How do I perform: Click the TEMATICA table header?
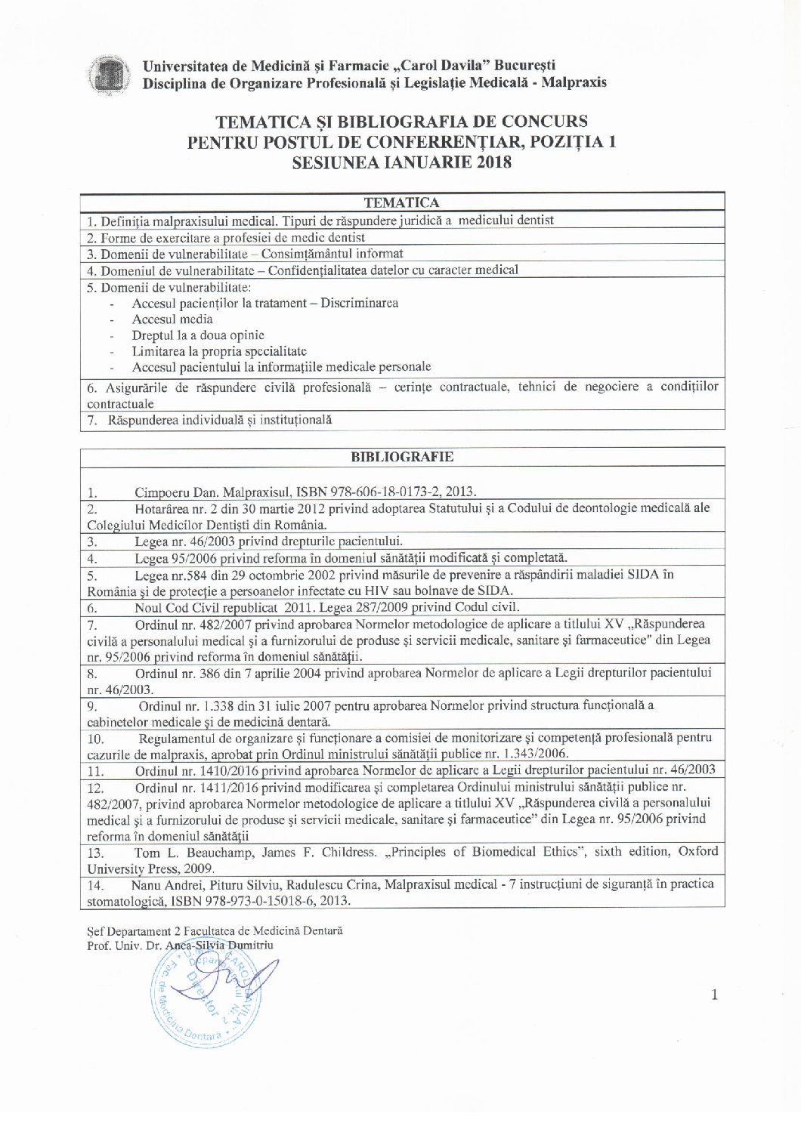[x=401, y=202]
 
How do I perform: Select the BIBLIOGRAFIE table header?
[x=402, y=457]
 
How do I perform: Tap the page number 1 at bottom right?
[x=714, y=995]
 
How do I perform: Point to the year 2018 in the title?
[x=493, y=162]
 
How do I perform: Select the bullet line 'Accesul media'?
[x=172, y=319]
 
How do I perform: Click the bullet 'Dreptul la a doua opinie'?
[x=198, y=335]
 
